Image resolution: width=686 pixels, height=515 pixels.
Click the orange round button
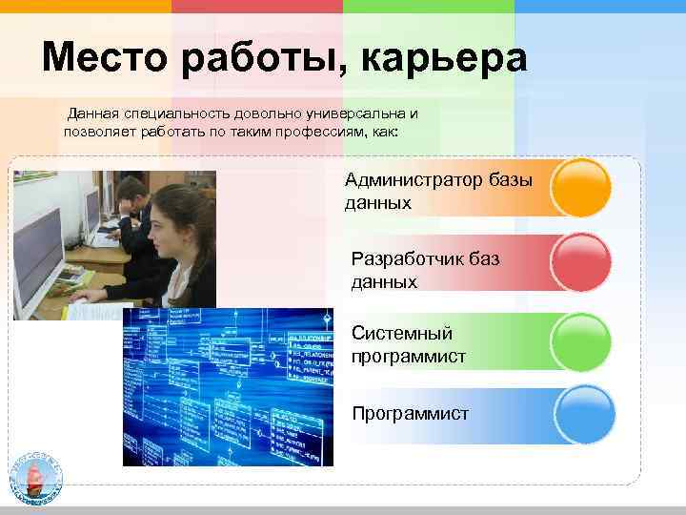tap(581, 188)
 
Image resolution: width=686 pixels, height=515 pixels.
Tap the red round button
tap(581, 262)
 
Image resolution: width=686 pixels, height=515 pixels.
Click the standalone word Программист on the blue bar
tap(410, 414)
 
